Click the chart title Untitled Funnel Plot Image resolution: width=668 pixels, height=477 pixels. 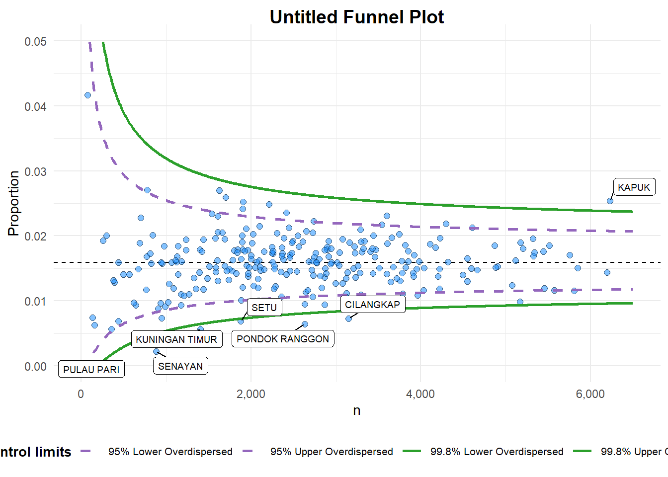point(356,17)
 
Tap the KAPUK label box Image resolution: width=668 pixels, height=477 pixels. point(634,187)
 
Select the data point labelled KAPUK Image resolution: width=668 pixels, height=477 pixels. point(610,201)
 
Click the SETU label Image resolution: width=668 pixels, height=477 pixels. point(264,308)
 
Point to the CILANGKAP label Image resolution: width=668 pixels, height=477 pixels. point(372,305)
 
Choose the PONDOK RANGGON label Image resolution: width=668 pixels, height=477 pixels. point(283,339)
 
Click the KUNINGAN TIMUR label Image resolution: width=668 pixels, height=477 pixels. point(176,339)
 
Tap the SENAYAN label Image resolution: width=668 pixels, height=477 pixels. point(180,366)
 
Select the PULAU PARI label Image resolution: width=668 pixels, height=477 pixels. point(91,370)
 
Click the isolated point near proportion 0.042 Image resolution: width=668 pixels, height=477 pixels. point(88,95)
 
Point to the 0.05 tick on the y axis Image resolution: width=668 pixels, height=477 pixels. point(36,41)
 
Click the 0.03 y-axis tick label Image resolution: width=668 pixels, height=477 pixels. point(36,171)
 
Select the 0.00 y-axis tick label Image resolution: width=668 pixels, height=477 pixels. point(36,367)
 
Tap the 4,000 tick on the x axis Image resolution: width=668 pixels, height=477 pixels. point(420,394)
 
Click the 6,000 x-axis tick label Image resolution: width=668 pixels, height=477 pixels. point(590,394)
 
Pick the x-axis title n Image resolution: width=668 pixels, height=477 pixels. point(356,410)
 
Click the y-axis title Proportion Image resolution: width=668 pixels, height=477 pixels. point(13,203)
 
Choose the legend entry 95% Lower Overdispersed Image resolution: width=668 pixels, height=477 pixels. point(170,452)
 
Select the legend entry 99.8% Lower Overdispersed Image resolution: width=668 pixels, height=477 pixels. point(497,452)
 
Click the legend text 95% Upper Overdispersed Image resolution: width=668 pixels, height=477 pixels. point(332,452)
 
